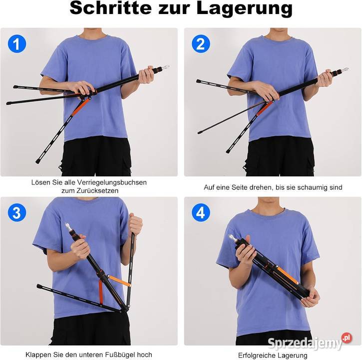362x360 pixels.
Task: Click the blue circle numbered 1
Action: pos(17,43)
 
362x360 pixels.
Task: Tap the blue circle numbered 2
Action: pos(201,43)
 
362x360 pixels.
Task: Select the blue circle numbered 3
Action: pos(17,212)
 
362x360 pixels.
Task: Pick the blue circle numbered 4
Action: pos(201,212)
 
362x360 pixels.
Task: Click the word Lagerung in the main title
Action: pos(245,9)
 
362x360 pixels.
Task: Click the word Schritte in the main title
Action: pos(110,8)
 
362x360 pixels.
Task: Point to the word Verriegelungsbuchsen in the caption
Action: pos(112,182)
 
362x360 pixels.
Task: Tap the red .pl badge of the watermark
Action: pos(347,338)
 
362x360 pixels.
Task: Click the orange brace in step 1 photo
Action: pos(80,107)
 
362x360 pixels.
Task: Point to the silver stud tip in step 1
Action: pos(166,67)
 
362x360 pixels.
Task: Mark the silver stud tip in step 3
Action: pos(67,225)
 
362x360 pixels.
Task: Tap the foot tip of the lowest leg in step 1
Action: pos(37,161)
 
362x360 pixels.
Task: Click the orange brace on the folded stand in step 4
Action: pos(288,275)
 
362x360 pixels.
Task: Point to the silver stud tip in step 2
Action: pos(345,69)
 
